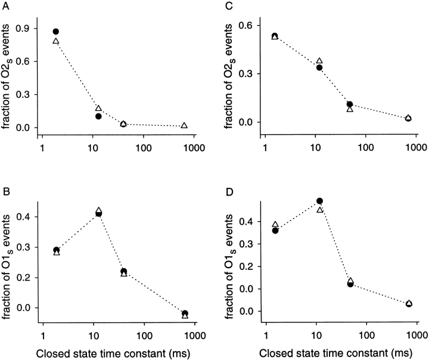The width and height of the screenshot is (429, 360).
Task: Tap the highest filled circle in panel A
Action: point(56,32)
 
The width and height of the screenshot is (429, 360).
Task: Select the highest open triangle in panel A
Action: point(56,41)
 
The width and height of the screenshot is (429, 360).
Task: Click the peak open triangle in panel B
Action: point(99,210)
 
